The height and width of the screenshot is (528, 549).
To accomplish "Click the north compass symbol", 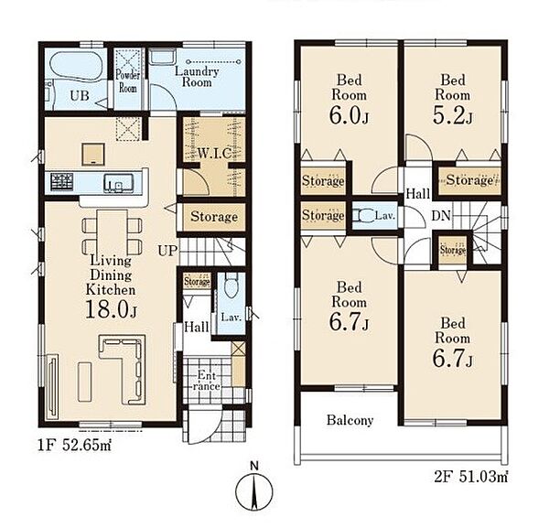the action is click(254, 488).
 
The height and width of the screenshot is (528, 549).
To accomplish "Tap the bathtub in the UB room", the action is click(76, 65).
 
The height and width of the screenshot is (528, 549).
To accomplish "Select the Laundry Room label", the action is click(197, 77).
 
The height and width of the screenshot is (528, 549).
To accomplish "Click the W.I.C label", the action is click(214, 154).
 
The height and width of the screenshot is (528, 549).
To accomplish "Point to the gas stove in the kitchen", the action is click(62, 182).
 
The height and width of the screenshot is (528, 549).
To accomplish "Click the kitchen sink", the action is click(118, 183).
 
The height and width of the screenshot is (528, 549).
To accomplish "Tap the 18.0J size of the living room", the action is click(111, 309).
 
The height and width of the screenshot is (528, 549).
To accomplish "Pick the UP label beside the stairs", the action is click(167, 251).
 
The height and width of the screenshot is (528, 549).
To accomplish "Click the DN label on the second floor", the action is click(441, 216).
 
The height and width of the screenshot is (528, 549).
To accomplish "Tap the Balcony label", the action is click(350, 420).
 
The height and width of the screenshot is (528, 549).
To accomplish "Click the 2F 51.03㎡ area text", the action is click(471, 477).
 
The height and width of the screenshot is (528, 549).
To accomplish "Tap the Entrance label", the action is click(206, 381).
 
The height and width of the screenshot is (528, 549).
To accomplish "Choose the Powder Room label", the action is click(128, 81).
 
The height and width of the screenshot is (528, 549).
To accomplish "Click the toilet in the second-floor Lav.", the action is click(363, 216).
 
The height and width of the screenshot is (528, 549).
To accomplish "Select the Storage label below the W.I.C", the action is click(214, 217).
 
